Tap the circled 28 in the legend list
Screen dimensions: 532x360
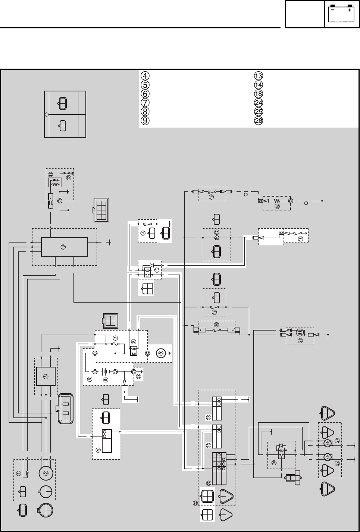[258, 121]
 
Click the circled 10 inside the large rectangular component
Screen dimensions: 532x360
[63, 247]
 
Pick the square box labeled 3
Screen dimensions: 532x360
[46, 376]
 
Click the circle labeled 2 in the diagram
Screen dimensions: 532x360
[46, 473]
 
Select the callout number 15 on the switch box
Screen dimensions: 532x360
[212, 197]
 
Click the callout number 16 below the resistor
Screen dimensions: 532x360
[277, 206]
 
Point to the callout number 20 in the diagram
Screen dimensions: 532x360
[216, 324]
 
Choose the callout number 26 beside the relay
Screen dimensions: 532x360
[274, 463]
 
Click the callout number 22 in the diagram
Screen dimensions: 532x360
[195, 503]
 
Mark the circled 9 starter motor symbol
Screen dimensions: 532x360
[161, 353]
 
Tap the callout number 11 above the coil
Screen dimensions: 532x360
[51, 174]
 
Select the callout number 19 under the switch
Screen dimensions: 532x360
[214, 312]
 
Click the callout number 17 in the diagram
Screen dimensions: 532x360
[217, 232]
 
